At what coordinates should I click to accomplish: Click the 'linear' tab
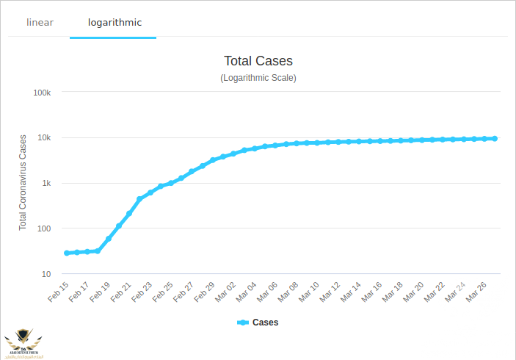(x=40, y=22)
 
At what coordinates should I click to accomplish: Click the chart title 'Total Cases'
(x=258, y=61)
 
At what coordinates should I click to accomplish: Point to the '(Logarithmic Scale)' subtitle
(x=258, y=77)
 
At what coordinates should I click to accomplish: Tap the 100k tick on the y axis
(x=42, y=93)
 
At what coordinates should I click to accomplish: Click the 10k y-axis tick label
(x=43, y=138)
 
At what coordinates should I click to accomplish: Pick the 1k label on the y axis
(x=46, y=184)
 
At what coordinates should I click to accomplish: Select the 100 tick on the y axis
(x=44, y=228)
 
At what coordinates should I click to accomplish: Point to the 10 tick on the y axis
(x=46, y=274)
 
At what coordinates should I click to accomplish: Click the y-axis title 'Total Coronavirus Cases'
(x=23, y=182)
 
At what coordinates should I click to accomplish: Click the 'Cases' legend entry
(x=258, y=323)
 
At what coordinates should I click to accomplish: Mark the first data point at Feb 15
(x=67, y=253)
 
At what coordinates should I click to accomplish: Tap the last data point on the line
(x=495, y=138)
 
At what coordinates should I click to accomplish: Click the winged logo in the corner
(x=23, y=341)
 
